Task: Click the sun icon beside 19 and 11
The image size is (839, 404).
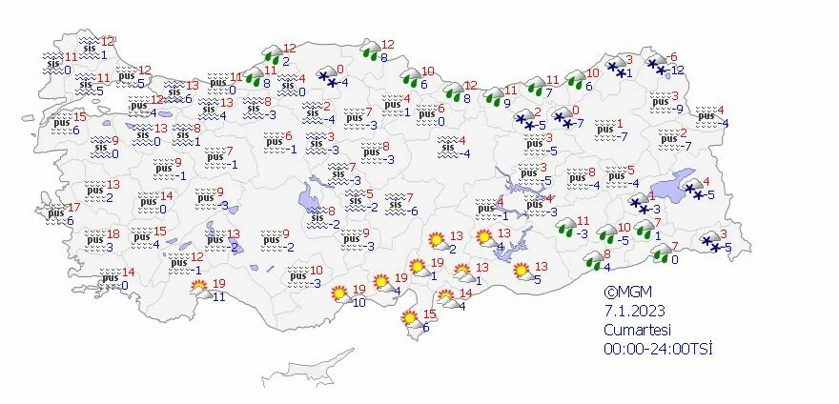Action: [199, 287]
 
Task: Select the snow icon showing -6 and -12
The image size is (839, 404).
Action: [658, 65]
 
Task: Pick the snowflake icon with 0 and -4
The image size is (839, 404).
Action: [327, 76]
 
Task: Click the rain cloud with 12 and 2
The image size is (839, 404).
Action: [271, 53]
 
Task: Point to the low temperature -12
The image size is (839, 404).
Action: [678, 70]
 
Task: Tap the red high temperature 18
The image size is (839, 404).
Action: [113, 233]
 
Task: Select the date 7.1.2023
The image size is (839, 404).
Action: [633, 311]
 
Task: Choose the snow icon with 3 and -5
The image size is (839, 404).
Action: [710, 242]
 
